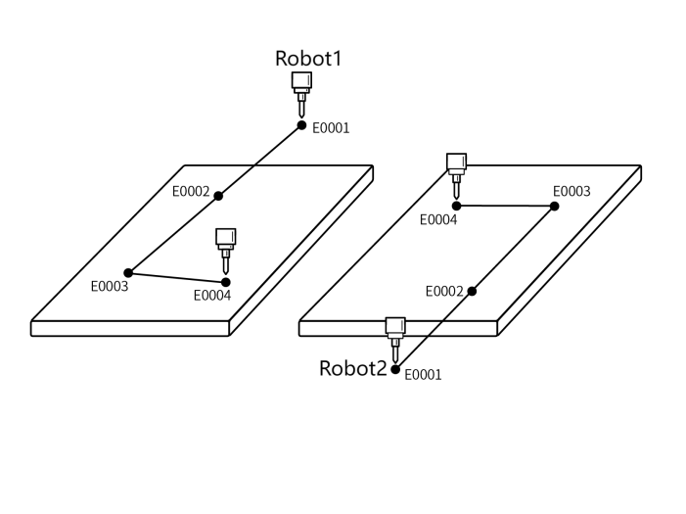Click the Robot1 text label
[x=308, y=58]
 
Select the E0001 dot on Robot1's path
[x=302, y=124]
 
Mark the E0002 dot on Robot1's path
[x=218, y=196]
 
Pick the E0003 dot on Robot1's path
[x=128, y=272]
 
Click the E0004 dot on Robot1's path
[x=226, y=282]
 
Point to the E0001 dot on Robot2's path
[x=395, y=369]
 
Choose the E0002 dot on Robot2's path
[x=472, y=291]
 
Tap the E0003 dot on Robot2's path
[x=554, y=207]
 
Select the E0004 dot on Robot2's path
[x=456, y=206]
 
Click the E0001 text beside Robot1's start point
[x=331, y=127]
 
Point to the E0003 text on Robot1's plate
[x=109, y=287]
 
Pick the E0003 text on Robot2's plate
[x=572, y=191]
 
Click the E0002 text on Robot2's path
[x=444, y=292]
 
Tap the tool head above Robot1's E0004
[x=226, y=246]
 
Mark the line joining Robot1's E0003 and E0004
[x=177, y=277]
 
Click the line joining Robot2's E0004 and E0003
[x=505, y=206]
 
